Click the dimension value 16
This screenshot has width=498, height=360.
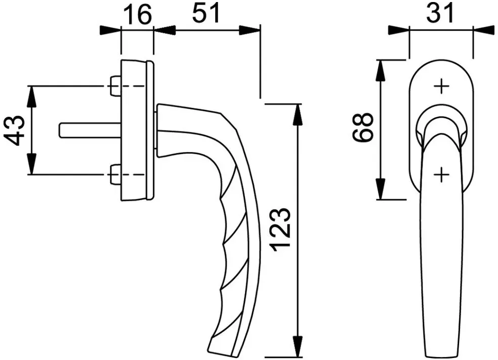click(138, 15)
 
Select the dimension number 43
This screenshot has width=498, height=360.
click(15, 130)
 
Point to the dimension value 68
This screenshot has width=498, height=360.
click(362, 127)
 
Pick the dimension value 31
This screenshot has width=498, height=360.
click(440, 13)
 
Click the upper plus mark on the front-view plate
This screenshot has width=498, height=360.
click(441, 86)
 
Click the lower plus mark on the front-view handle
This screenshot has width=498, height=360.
click(441, 174)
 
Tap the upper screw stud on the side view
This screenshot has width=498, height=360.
click(114, 85)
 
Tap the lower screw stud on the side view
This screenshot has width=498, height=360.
click(114, 174)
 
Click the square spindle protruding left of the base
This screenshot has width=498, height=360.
click(90, 130)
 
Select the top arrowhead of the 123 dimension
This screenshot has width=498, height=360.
click(298, 115)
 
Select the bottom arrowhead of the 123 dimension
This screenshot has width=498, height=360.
click(298, 346)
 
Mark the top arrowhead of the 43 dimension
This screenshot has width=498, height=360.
click(32, 97)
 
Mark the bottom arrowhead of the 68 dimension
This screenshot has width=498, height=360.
click(380, 189)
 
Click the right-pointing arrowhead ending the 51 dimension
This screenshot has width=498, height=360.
click(250, 30)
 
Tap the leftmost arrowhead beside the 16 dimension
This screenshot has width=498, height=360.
click(110, 30)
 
